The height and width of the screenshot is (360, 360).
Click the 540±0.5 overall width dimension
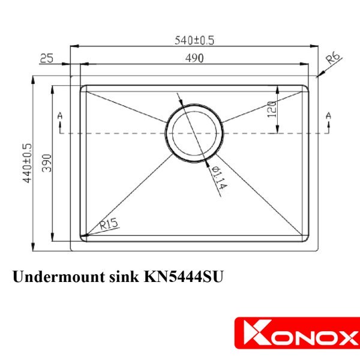click(194, 40)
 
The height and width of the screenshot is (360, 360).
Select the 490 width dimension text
click(193, 58)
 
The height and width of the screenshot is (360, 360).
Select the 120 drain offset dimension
click(271, 109)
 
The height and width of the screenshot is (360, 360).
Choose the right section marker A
click(328, 115)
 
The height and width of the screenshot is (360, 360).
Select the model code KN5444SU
click(182, 277)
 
